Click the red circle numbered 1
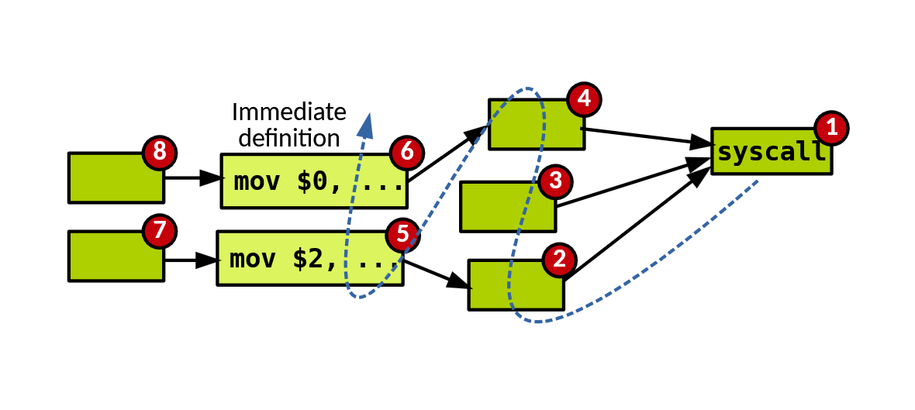832,129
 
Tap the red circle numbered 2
558,260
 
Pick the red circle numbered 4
584,98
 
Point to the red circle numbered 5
402,235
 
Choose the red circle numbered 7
160,230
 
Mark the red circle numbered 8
159,152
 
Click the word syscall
771,152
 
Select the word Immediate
288,112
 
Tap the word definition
288,138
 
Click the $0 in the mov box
312,182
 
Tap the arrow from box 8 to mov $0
192,178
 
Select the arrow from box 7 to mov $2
189,260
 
